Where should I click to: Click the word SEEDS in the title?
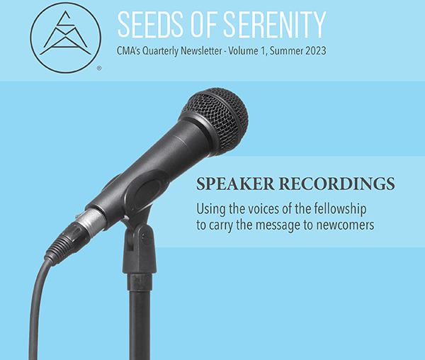[150, 24]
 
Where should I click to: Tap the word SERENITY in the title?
[275, 24]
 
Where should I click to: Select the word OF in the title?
[203, 24]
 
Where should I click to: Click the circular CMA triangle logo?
[66, 38]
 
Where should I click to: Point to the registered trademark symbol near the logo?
[99, 68]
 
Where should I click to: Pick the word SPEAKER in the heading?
[235, 184]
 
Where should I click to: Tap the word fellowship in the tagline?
[340, 209]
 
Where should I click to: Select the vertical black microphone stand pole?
[139, 317]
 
